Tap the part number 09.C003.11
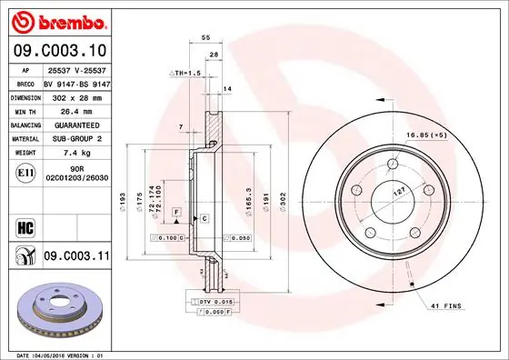tap(75, 257)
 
